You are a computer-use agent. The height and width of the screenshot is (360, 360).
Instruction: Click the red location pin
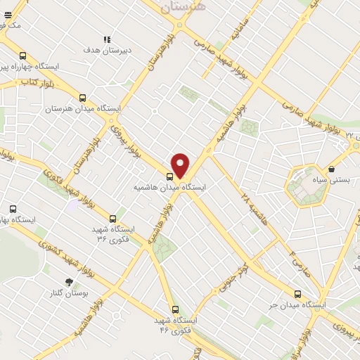tap(181, 165)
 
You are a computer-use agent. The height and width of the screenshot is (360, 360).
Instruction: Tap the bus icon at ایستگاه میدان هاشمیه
tap(170, 176)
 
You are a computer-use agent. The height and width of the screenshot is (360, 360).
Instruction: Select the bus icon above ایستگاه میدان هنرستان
tap(84, 98)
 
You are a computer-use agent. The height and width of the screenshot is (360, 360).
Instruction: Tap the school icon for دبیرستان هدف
tap(106, 39)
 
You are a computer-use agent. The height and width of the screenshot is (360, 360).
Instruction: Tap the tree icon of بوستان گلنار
tap(69, 282)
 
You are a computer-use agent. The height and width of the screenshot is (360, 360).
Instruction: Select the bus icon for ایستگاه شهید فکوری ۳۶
tap(112, 219)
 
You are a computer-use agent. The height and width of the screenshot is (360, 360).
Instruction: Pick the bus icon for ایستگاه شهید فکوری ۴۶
tap(175, 309)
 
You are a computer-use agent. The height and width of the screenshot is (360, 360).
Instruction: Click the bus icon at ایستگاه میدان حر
tap(298, 294)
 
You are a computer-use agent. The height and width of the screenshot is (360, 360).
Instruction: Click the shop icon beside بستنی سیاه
tap(331, 169)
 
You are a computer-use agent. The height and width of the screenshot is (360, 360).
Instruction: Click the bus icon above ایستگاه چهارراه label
tap(23, 56)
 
